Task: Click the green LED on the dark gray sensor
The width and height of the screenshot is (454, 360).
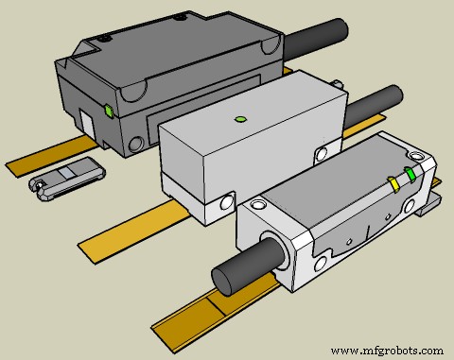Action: coord(112,111)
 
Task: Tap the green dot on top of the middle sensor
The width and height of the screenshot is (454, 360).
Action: coord(240,119)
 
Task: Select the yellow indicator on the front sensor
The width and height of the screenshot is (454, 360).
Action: coord(393,182)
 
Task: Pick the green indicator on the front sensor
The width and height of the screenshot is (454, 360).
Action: coord(410,174)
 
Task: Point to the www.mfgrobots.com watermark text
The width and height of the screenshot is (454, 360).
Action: coord(387,349)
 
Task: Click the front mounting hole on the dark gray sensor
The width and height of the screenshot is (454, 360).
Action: coord(138,145)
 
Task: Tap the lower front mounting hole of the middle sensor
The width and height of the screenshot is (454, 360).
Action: coord(223,201)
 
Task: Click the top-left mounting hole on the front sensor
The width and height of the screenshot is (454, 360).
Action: coord(255,204)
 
